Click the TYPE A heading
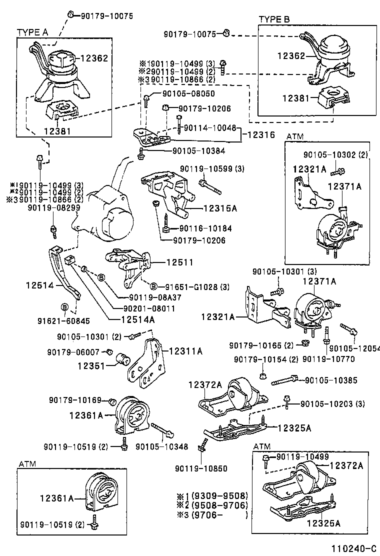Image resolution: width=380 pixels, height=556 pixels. pos(32,32)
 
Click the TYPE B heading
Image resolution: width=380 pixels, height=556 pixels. pos(274,19)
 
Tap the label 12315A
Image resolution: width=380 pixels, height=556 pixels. pos(207,207)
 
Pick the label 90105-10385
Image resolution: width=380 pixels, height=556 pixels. pos(330,380)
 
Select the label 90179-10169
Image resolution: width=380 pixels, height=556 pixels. pos(75,400)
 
